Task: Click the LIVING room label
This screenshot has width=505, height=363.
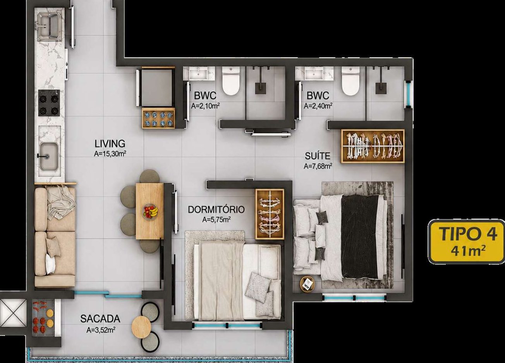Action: [110, 144]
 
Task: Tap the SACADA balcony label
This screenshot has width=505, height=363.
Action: [100, 319]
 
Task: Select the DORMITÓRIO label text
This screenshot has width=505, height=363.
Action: [216, 209]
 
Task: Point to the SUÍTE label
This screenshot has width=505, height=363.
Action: [318, 156]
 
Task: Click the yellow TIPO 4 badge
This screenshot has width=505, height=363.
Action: [466, 242]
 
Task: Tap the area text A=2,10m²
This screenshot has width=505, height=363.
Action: [205, 106]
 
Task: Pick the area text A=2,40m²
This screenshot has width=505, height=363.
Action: [318, 106]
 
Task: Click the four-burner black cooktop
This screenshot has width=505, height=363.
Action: [49, 103]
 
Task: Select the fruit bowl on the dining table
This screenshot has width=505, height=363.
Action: [150, 211]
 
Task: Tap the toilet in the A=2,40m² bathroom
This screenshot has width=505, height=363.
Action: [350, 81]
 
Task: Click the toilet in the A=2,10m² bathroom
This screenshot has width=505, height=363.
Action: [231, 81]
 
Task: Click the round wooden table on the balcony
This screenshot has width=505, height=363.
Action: [141, 327]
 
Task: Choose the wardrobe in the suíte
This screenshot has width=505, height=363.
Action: [373, 146]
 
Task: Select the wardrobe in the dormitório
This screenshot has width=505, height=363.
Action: [270, 214]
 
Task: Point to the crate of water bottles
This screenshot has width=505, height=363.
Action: [158, 118]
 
